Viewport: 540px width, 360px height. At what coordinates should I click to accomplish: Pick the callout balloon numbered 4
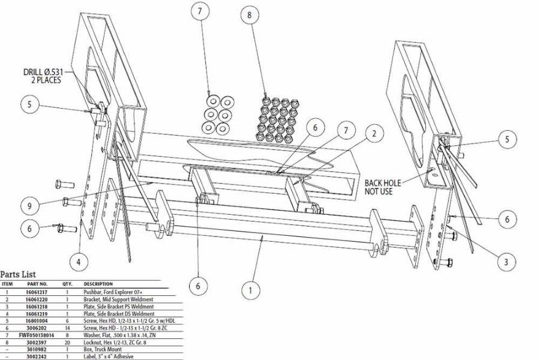79,262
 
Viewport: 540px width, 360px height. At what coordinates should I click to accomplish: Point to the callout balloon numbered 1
251,290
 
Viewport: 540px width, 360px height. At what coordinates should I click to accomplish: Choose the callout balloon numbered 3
506,261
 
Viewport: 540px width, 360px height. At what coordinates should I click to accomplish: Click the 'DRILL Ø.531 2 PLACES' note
43,76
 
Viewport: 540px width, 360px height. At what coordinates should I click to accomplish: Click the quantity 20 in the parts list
67,341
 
